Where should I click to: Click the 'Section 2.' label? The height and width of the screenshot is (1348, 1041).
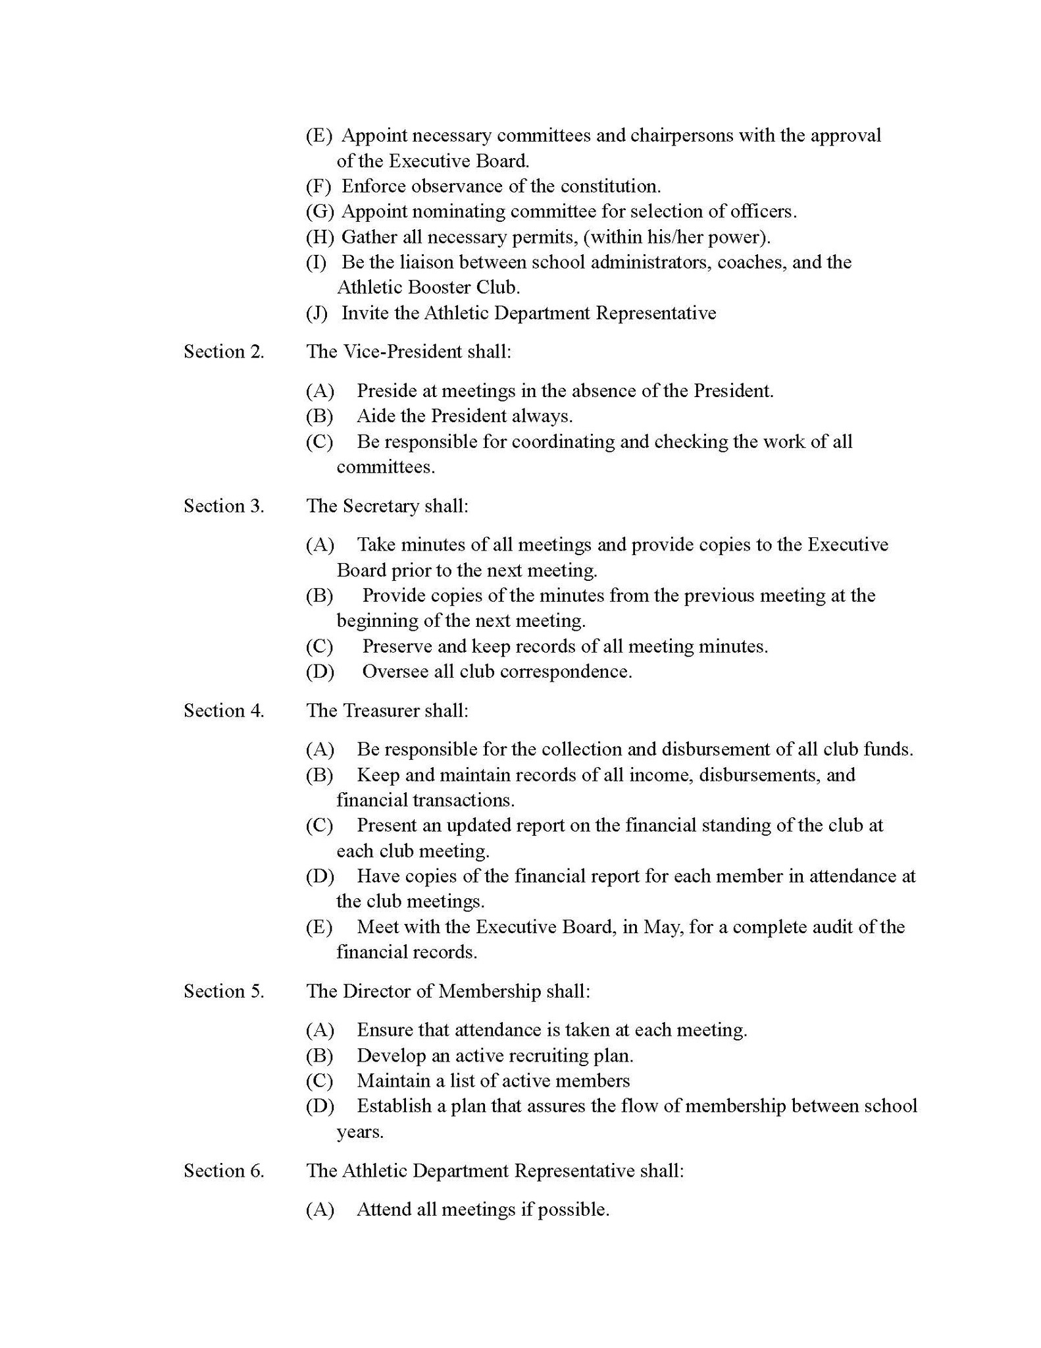point(224,352)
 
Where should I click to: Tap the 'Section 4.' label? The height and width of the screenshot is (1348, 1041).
point(224,711)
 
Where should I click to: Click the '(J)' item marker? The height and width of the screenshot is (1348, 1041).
point(317,313)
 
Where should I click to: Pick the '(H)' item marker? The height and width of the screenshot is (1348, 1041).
point(319,237)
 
